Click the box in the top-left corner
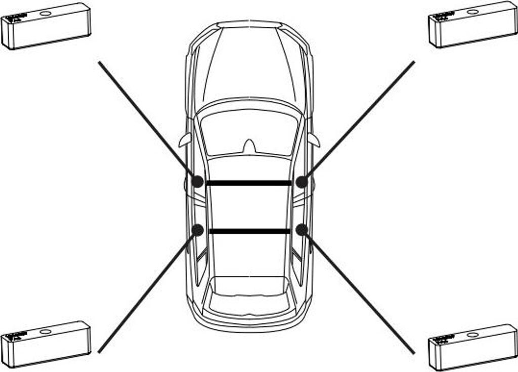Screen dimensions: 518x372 [x=47, y=26]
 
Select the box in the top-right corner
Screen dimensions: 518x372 [x=473, y=25]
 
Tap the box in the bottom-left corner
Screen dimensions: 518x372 [x=46, y=344]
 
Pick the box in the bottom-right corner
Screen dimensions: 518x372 [x=473, y=347]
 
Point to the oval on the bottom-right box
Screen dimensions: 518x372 [x=473, y=335]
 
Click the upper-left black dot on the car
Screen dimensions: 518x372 [x=198, y=181]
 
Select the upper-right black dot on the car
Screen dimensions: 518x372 [x=301, y=181]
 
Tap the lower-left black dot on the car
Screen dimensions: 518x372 [x=198, y=230]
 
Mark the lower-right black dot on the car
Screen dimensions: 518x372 [x=301, y=230]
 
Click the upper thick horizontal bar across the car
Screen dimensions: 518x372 [x=249, y=183]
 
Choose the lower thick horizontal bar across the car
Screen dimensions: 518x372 [x=249, y=231]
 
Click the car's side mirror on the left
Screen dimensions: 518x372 [x=185, y=140]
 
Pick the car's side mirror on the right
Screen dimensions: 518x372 [x=314, y=140]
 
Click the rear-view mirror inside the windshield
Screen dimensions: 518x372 [x=249, y=146]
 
